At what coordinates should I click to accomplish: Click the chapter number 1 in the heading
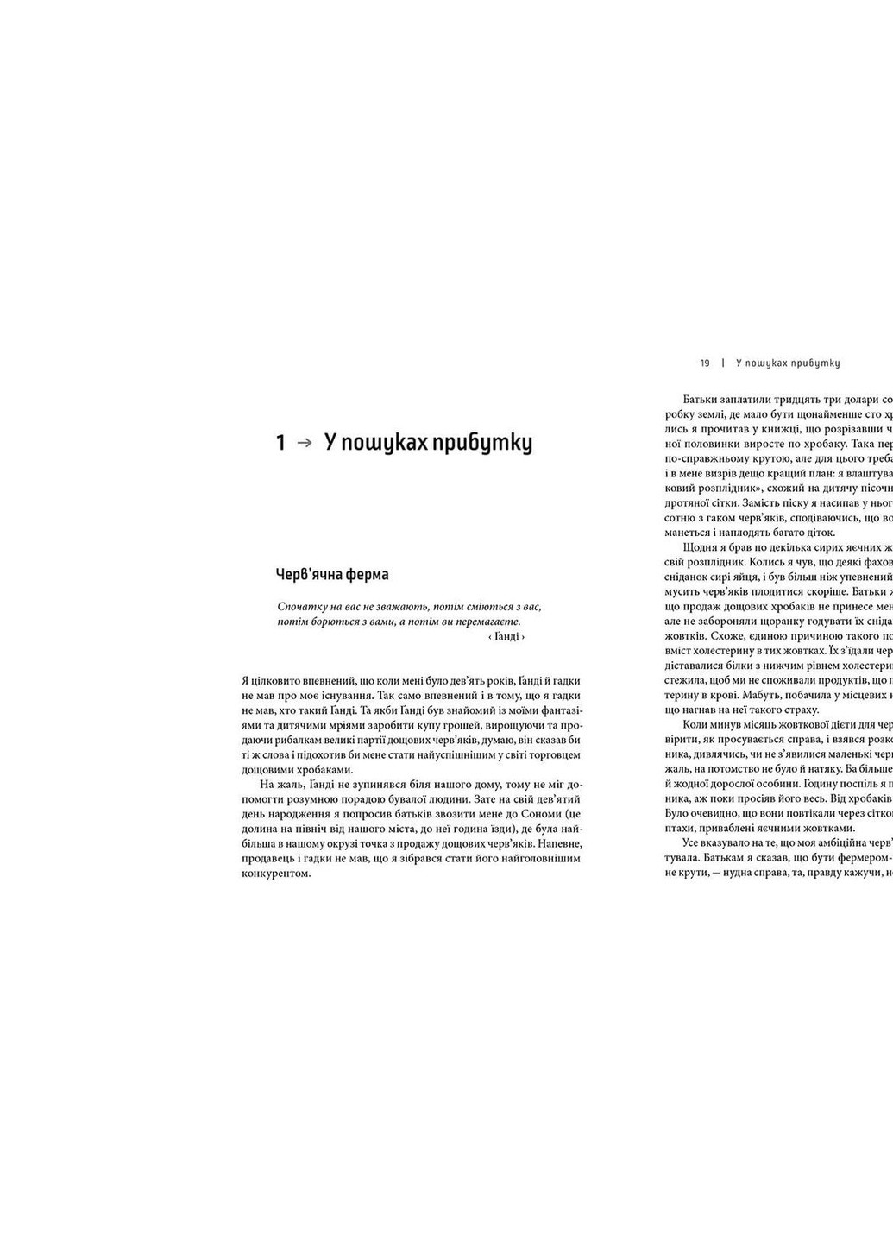(x=280, y=443)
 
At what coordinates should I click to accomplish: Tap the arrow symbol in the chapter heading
(x=303, y=443)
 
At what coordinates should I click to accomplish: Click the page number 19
(x=705, y=363)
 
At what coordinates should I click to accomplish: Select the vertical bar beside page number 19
(x=722, y=363)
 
